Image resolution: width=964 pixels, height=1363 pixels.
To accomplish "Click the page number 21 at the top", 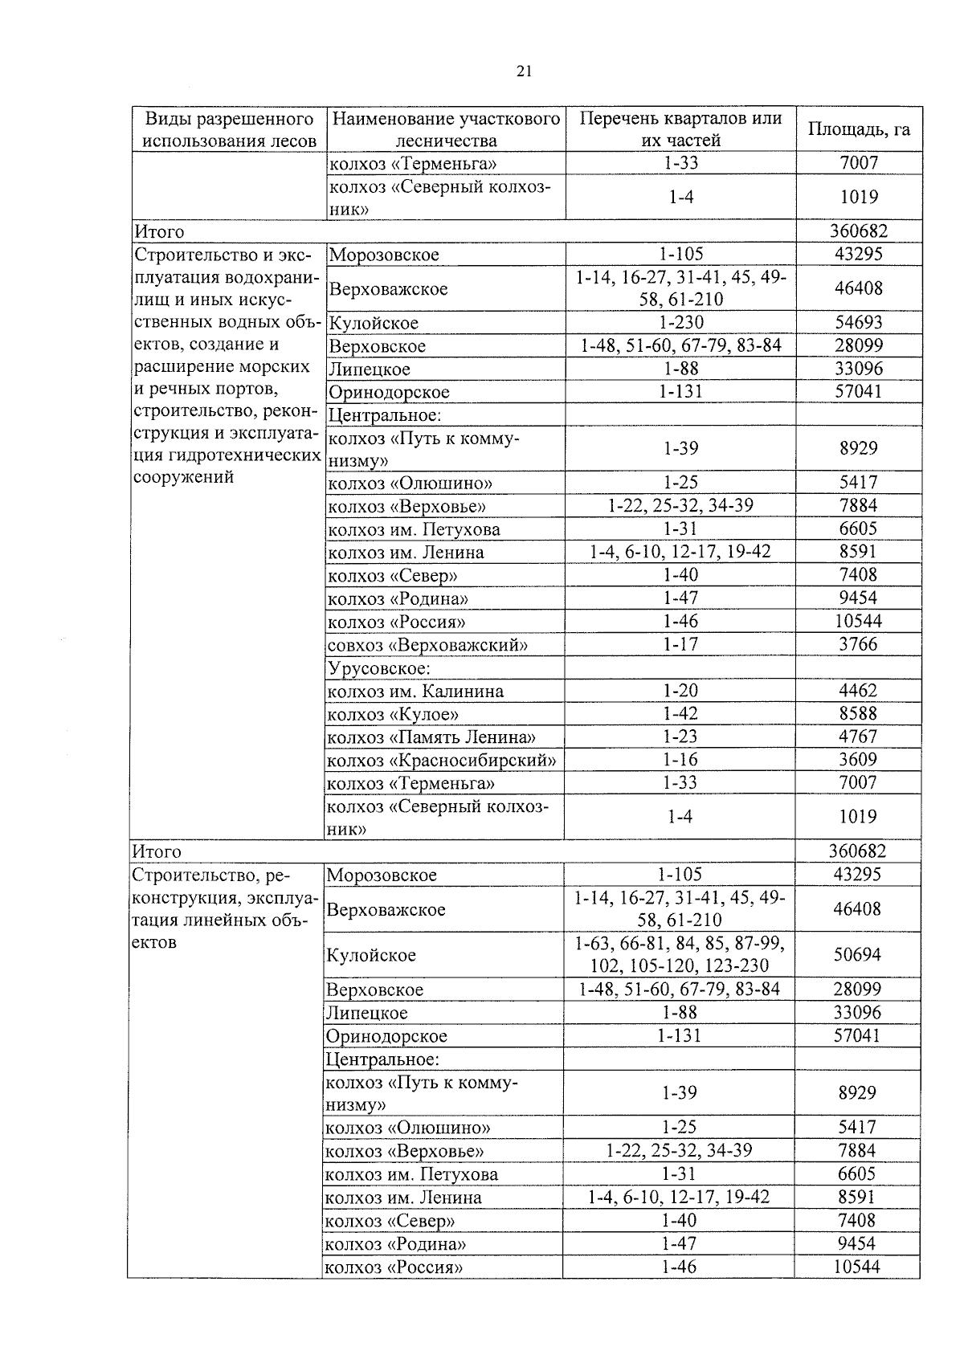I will (524, 71).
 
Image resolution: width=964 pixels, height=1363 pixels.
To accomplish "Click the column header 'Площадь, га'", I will (859, 129).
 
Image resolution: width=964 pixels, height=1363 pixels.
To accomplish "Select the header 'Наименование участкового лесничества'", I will (446, 130).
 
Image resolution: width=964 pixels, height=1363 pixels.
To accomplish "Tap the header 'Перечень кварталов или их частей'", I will (681, 129).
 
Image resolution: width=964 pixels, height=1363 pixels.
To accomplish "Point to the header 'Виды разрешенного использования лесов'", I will (229, 130).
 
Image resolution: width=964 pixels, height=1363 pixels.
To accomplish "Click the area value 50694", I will (857, 955).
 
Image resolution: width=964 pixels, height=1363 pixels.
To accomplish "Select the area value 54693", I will (859, 323).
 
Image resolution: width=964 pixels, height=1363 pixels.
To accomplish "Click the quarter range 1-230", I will (681, 323).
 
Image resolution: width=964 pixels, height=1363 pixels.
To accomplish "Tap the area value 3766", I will (858, 644).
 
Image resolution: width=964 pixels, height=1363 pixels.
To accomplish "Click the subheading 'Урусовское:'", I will (379, 668).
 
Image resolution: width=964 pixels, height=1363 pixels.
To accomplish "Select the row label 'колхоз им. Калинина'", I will (415, 692).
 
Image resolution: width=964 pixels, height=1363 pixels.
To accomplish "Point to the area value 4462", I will (858, 691).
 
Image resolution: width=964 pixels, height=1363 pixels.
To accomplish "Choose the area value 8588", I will (858, 714).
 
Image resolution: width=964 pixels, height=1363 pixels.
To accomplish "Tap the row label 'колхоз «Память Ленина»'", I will (431, 737).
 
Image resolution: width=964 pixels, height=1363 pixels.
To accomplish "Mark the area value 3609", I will (858, 760).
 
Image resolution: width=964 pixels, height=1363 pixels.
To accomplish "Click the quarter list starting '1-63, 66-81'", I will (680, 955).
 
